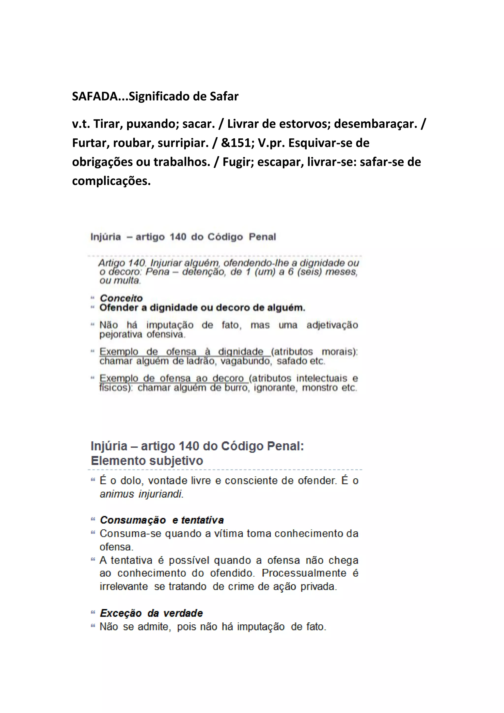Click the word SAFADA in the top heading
coord(95,97)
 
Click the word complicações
coord(111,181)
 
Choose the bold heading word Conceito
coord(121,298)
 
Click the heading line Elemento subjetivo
coord(147,461)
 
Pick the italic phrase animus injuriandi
coord(142,494)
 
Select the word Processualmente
coord(304,573)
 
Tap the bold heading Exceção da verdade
coord(151,613)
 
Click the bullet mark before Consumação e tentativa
coord(93,519)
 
